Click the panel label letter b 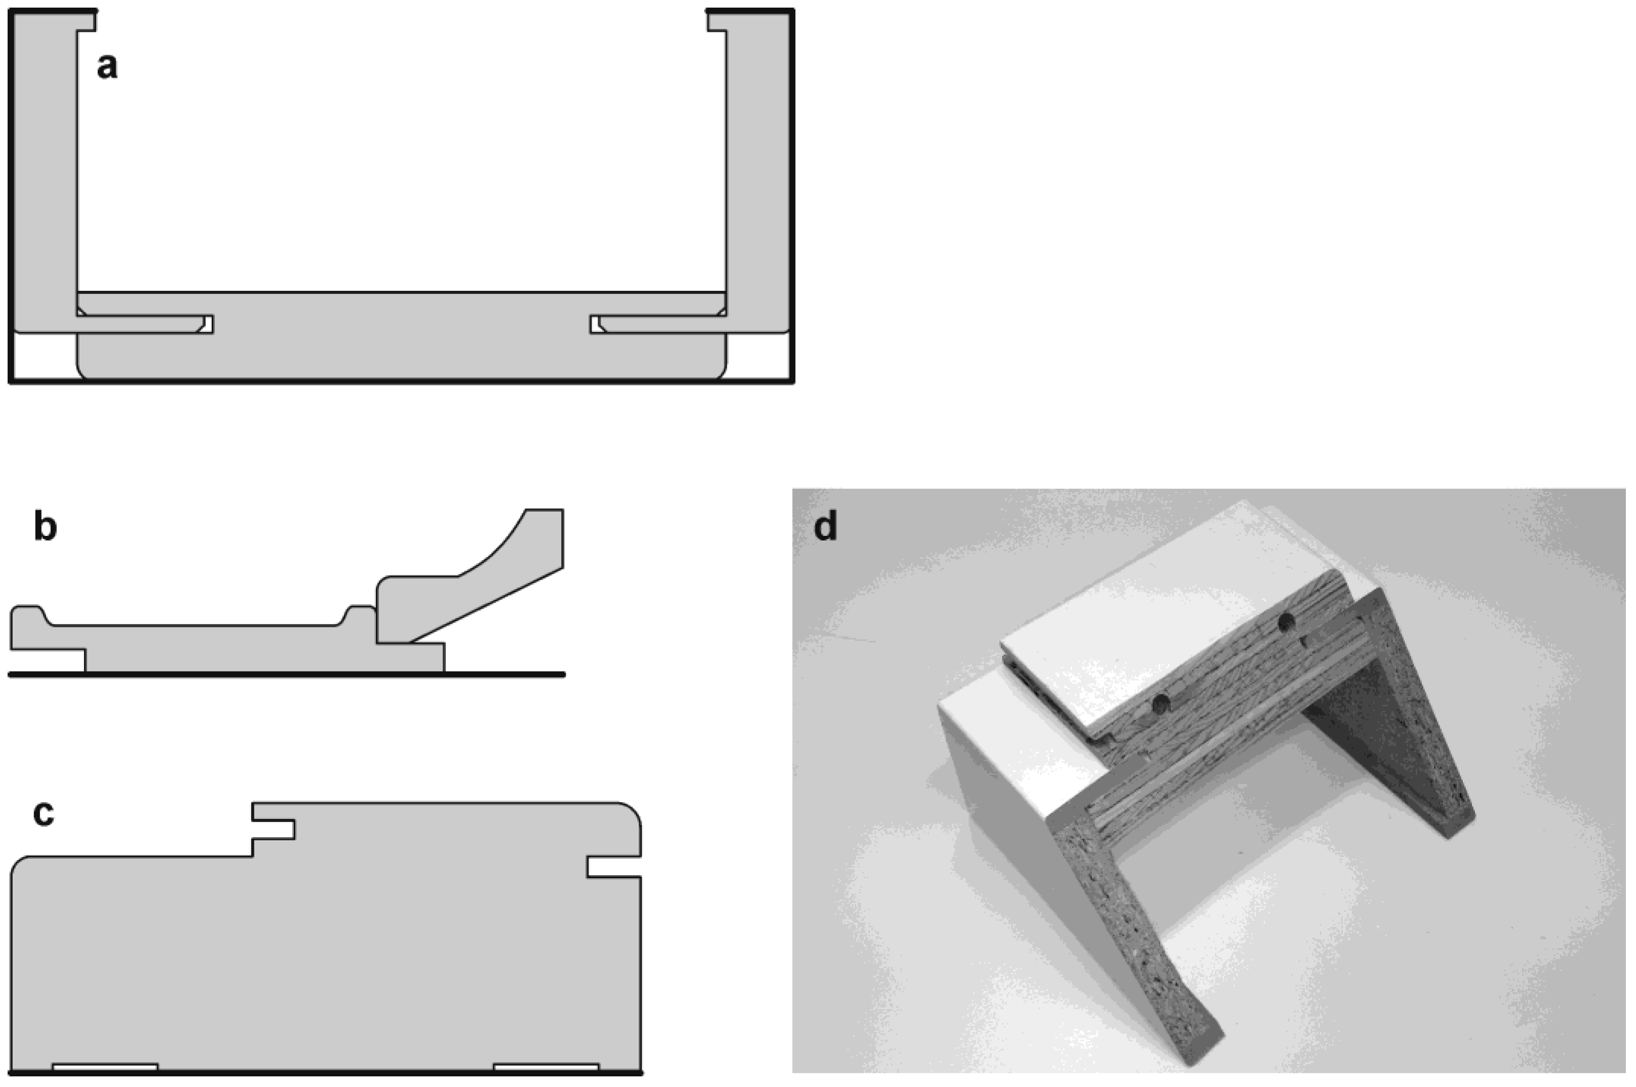(45, 526)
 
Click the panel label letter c (43, 814)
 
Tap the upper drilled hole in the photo (1286, 622)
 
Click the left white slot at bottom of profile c (105, 1067)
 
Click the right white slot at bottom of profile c (546, 1067)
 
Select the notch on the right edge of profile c (613, 867)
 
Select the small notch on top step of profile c (273, 829)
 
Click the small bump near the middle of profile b (359, 615)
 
